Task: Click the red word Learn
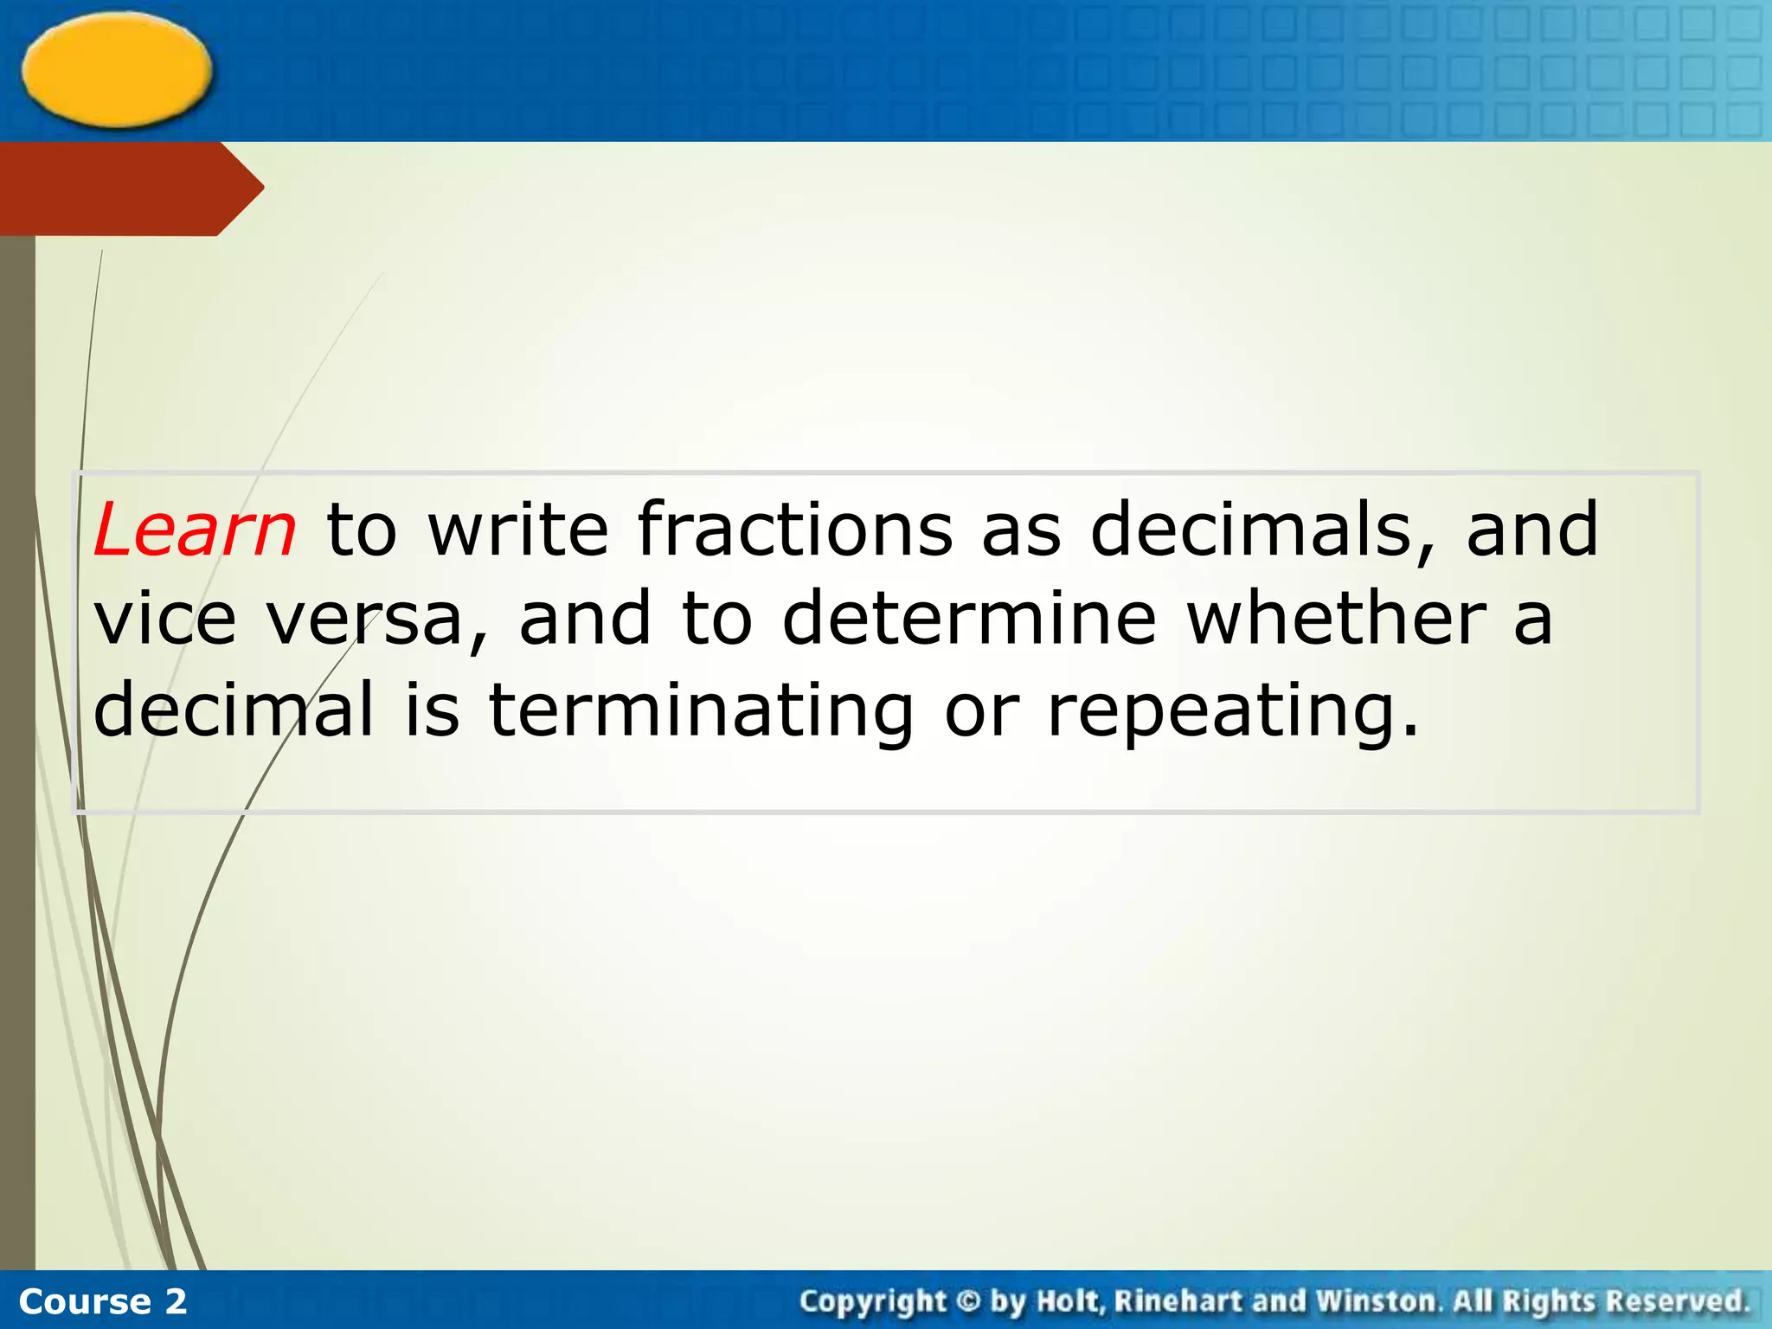tap(196, 530)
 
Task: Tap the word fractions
tap(795, 530)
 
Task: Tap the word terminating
tap(701, 709)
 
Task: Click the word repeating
tap(1232, 711)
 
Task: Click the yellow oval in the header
tap(117, 69)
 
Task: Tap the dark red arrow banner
tap(121, 188)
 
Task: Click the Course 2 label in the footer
tap(102, 1301)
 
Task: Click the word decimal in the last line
tap(234, 709)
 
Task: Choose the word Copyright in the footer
tap(872, 1301)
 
